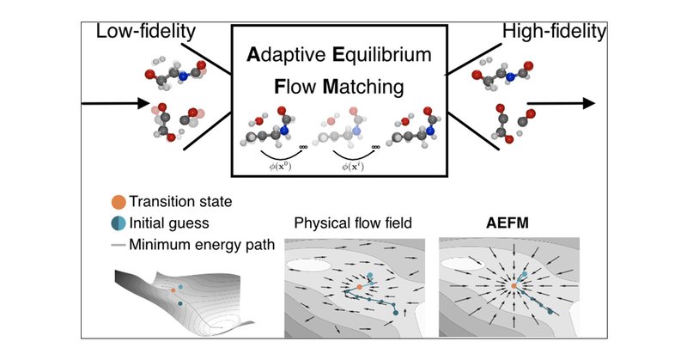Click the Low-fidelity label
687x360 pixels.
pos(146,33)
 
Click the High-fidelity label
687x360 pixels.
pos(554,33)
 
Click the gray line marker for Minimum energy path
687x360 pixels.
pos(117,244)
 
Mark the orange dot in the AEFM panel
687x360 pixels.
pos(514,284)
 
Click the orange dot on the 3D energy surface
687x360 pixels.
pos(173,292)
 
